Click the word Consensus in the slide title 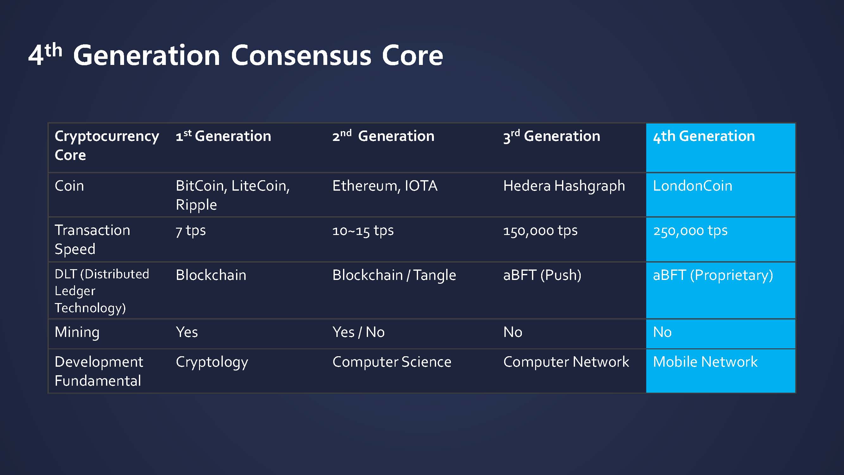click(301, 55)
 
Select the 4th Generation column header click(704, 136)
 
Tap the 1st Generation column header click(223, 136)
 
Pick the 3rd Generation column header click(552, 136)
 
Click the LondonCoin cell click(692, 186)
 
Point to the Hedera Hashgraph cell click(564, 186)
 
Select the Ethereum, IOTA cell click(384, 186)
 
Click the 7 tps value click(191, 231)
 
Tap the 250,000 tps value click(690, 231)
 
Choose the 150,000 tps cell click(540, 231)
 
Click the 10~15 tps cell click(363, 231)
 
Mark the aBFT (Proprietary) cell click(713, 275)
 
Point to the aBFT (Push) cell click(542, 275)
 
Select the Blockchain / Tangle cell click(394, 275)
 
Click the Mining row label click(77, 332)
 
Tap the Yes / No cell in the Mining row click(359, 332)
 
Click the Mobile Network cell click(705, 362)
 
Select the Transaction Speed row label click(92, 240)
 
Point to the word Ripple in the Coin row click(196, 205)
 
